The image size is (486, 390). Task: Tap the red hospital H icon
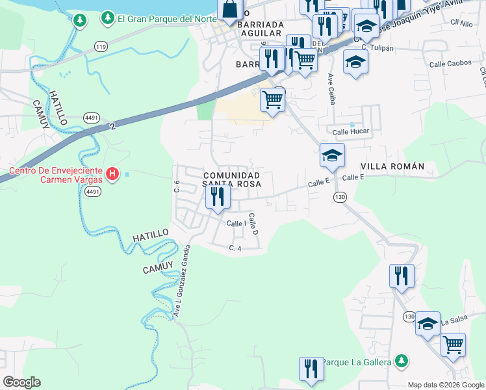click(x=112, y=174)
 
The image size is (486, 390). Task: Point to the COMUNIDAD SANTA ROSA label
click(x=231, y=180)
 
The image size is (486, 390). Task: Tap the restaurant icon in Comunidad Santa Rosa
click(x=218, y=196)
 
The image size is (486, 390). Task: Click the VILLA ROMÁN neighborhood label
click(x=392, y=166)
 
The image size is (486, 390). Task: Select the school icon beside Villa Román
click(x=331, y=155)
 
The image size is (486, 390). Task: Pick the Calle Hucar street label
click(x=351, y=131)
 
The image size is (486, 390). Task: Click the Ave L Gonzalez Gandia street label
click(x=180, y=281)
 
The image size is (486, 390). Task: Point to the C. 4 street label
click(x=235, y=248)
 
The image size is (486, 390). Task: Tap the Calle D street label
click(x=254, y=224)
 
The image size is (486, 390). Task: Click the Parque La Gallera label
click(x=357, y=361)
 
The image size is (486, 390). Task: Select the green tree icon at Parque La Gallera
click(x=402, y=360)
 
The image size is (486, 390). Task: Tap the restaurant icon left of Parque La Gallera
click(x=311, y=368)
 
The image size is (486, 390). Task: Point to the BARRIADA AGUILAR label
click(x=260, y=32)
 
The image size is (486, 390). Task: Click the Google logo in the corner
click(x=21, y=382)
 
